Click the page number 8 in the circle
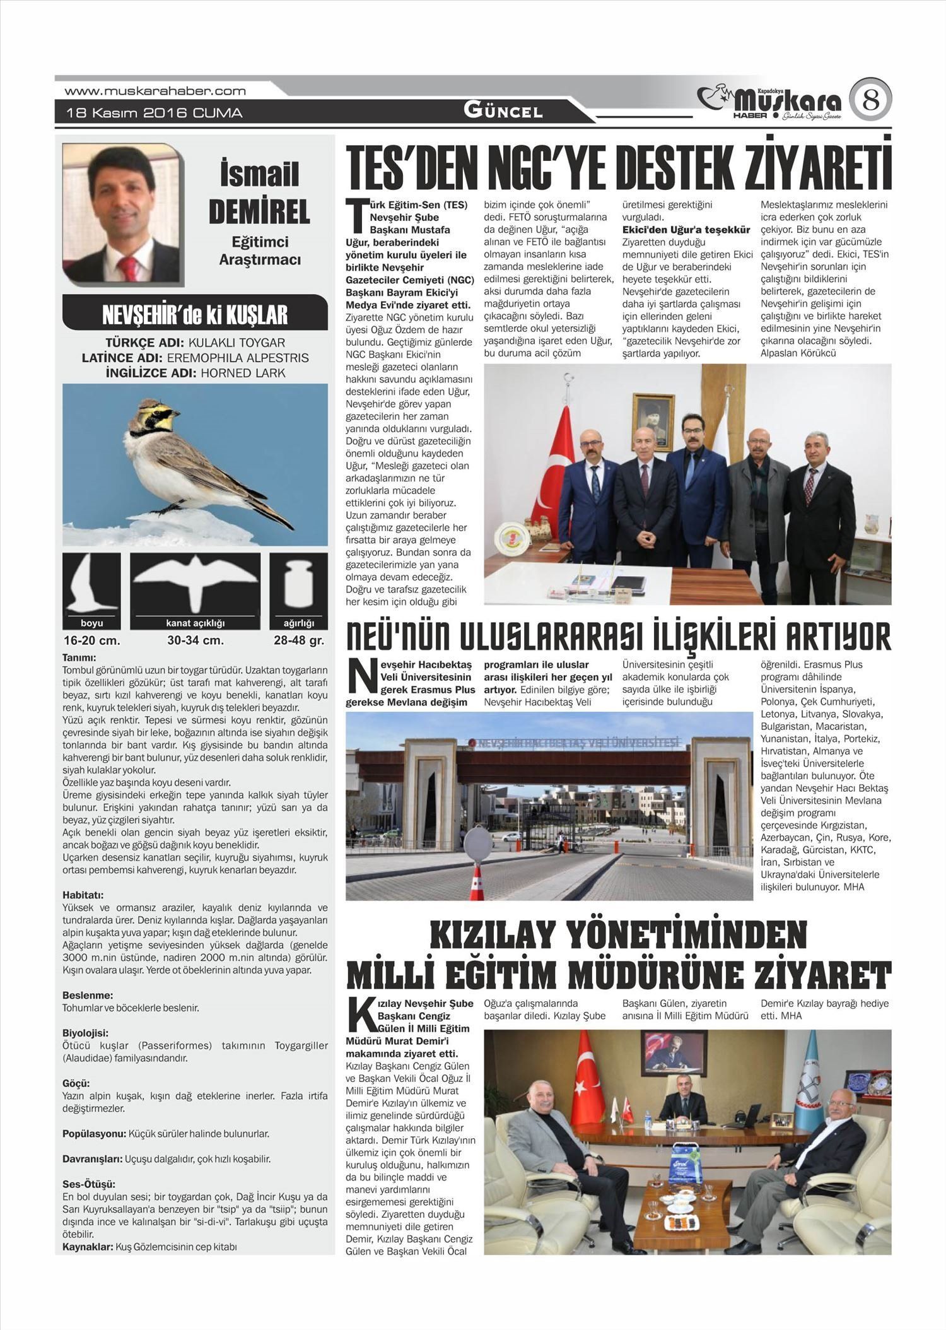[870, 100]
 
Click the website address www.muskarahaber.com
[155, 91]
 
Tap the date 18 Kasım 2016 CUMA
[155, 113]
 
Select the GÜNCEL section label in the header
[503, 111]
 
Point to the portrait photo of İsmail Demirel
[122, 213]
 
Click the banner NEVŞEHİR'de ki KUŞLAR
[195, 314]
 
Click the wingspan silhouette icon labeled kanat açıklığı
[195, 584]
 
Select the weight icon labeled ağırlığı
[298, 584]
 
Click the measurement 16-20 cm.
[91, 640]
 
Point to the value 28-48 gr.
[298, 640]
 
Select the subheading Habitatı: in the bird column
[83, 895]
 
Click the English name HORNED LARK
[243, 373]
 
